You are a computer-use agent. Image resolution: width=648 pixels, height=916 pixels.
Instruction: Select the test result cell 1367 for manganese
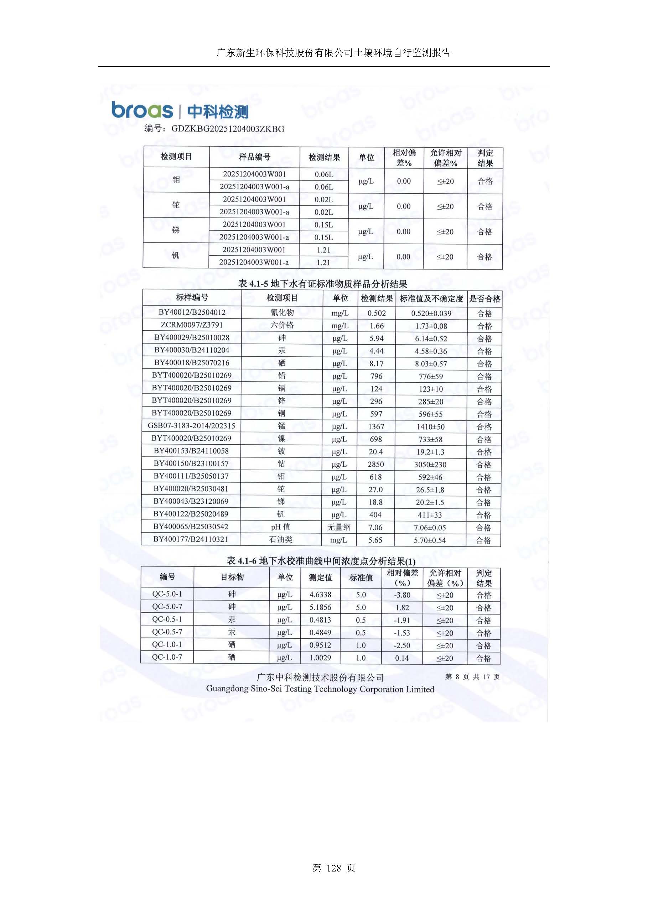(x=376, y=426)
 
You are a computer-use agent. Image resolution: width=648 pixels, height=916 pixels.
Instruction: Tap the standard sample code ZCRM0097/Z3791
(x=192, y=325)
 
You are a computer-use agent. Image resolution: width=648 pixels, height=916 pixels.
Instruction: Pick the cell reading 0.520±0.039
(x=431, y=313)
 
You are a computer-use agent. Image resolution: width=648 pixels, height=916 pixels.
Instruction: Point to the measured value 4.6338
(x=320, y=595)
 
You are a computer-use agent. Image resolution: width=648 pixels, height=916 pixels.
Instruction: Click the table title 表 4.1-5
(x=323, y=284)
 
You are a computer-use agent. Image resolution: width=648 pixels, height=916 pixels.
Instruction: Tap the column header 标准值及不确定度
(x=431, y=299)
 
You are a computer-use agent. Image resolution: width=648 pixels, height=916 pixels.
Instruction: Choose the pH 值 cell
(x=281, y=527)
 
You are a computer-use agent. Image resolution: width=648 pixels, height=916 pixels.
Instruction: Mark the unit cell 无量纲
(x=338, y=527)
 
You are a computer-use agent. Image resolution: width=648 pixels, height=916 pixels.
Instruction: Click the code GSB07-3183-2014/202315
(x=191, y=426)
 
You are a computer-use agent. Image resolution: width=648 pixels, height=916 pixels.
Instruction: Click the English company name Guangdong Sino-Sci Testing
(x=320, y=689)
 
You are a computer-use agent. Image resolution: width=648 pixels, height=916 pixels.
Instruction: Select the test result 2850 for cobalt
(x=376, y=464)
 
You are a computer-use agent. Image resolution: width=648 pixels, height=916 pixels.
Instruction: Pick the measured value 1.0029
(x=320, y=658)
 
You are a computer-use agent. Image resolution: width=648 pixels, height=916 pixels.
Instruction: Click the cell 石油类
(x=281, y=539)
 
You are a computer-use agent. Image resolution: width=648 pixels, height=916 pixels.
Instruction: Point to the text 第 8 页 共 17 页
(x=472, y=677)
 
